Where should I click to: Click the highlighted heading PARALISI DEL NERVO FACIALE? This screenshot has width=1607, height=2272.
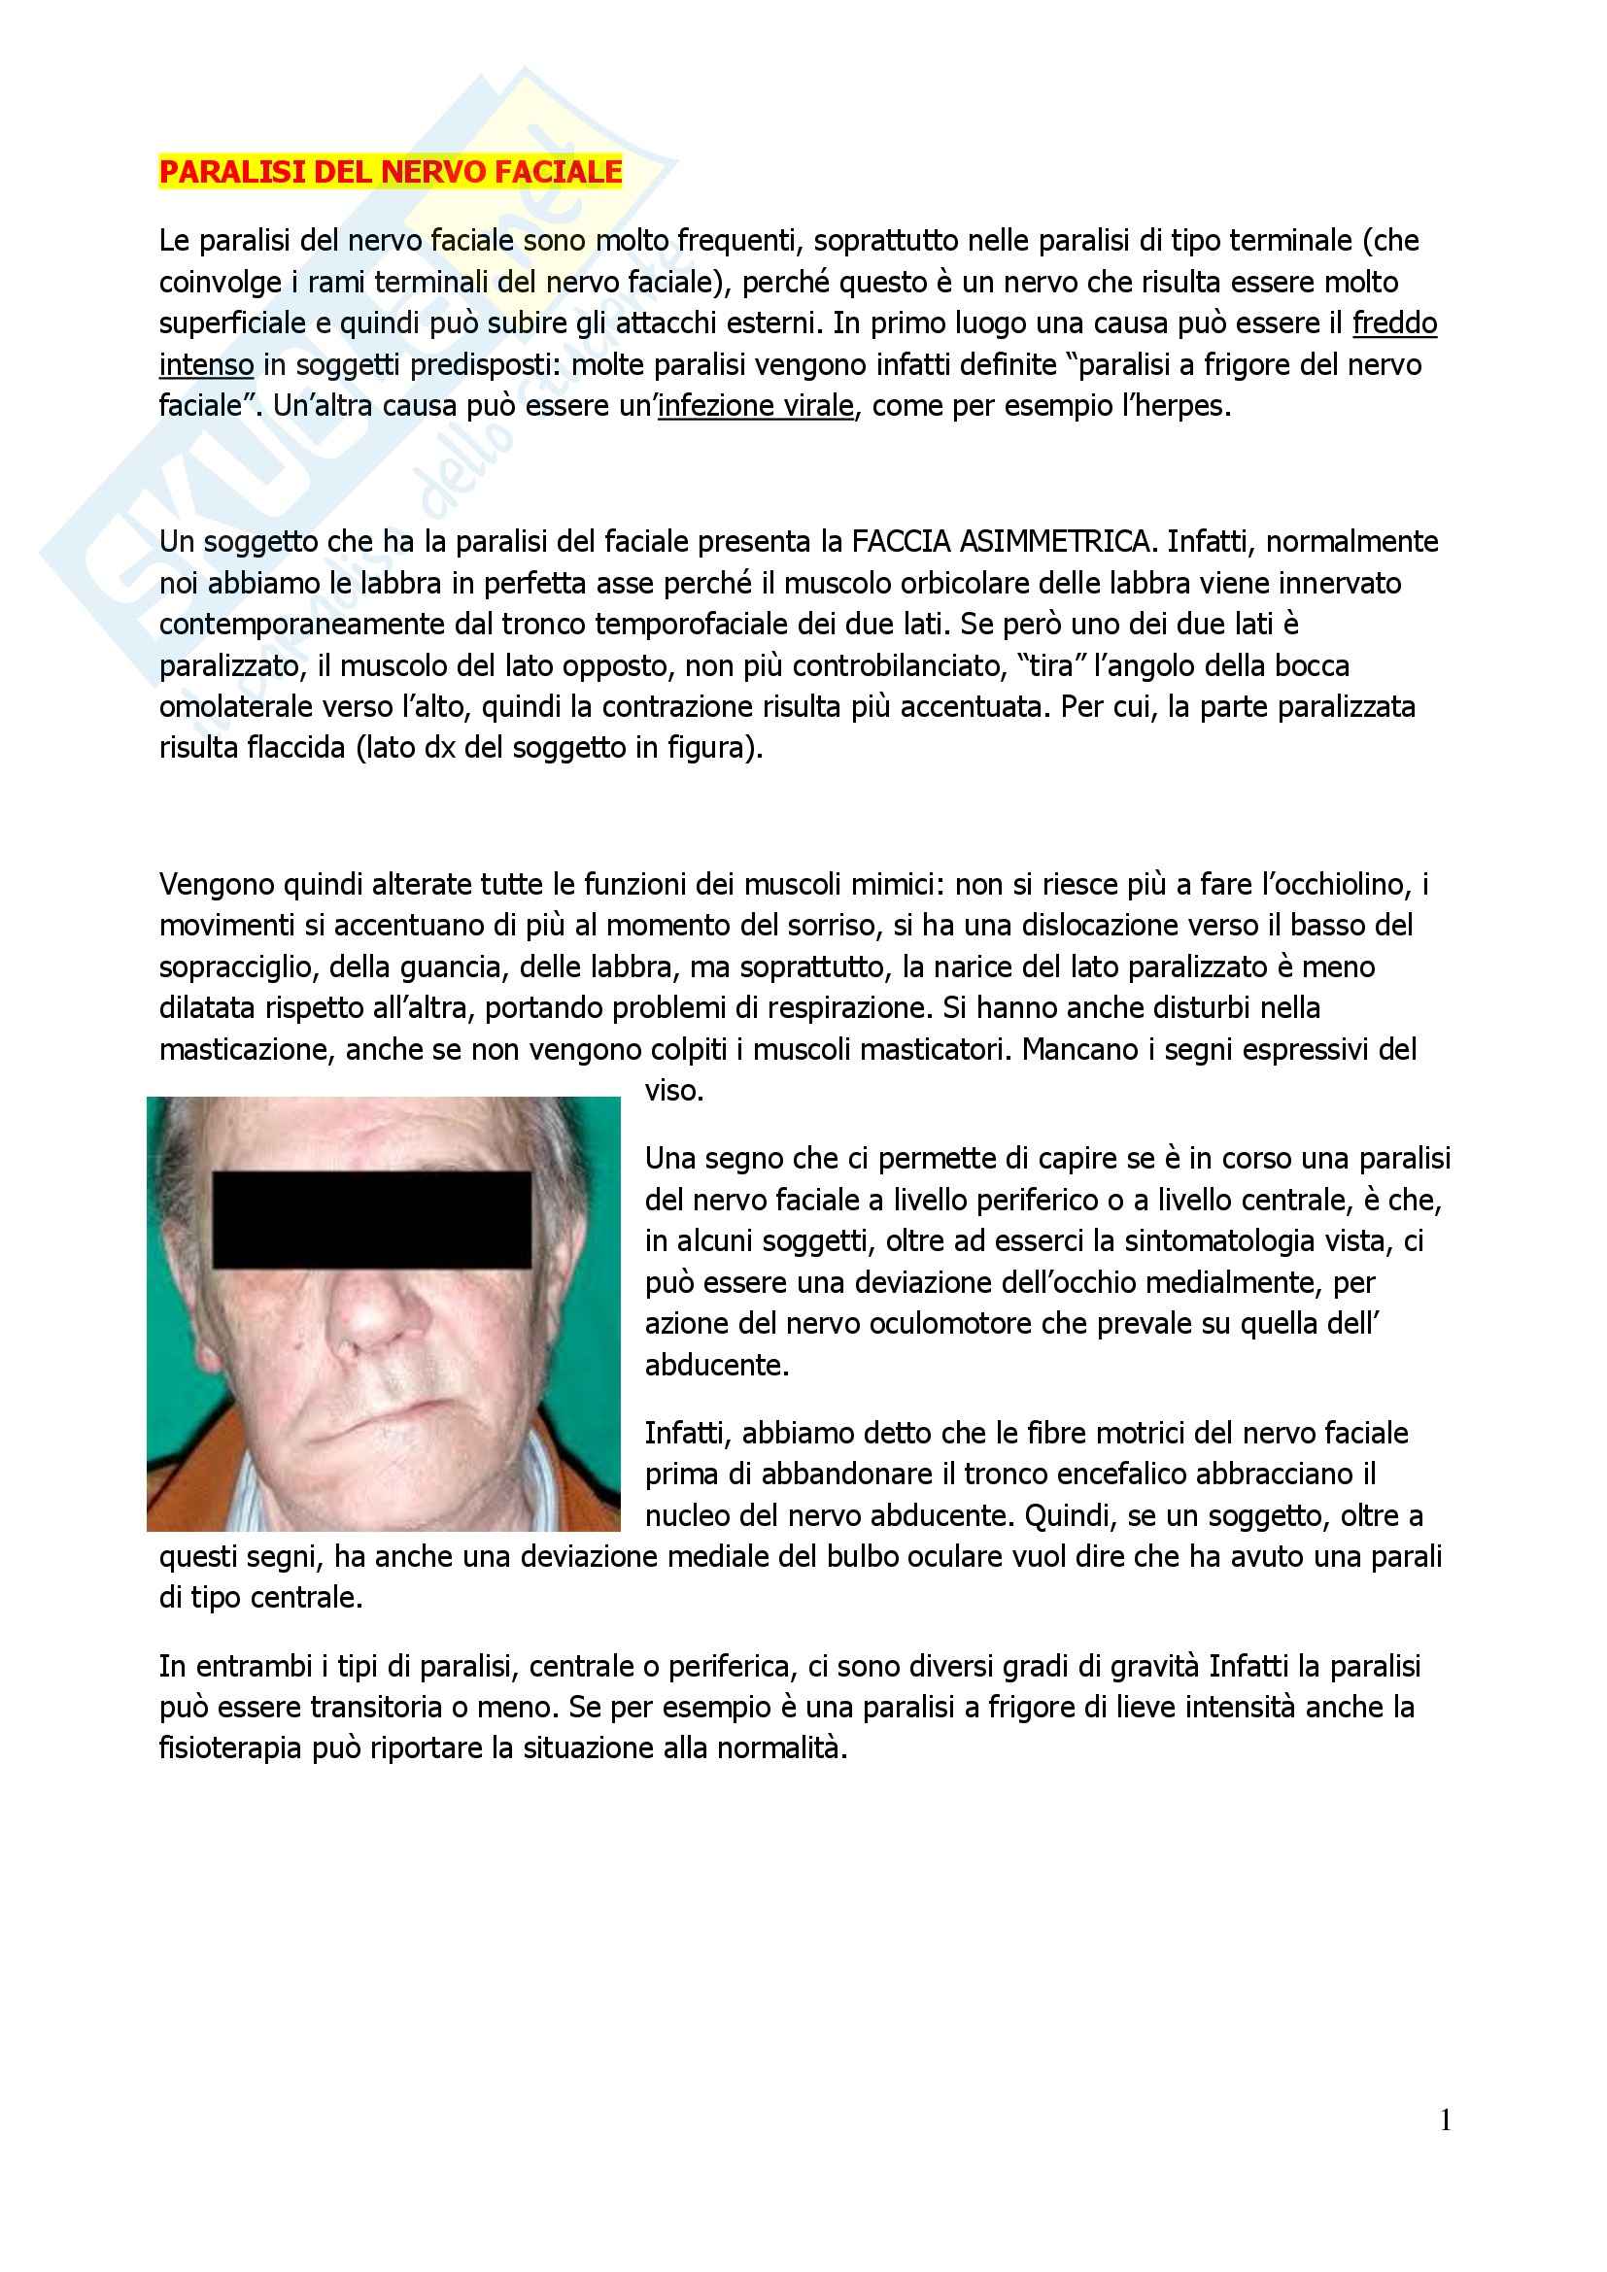(391, 172)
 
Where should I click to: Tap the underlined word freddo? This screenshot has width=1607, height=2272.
(1394, 323)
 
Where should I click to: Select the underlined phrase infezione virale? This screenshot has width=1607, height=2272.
(755, 407)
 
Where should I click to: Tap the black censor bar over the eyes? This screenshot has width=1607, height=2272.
(372, 1220)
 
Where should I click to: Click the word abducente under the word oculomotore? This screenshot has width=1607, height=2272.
(717, 1365)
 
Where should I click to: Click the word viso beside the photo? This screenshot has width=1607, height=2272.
(673, 1091)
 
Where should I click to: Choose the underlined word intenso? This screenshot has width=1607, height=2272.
(207, 365)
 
